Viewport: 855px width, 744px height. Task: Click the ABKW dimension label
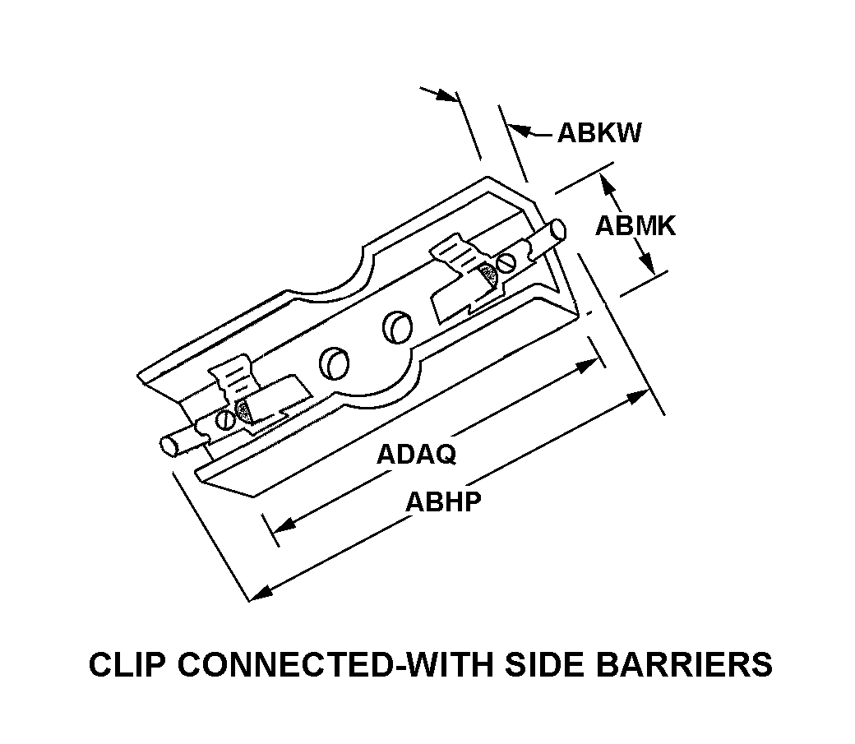click(x=599, y=133)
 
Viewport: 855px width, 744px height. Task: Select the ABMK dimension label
click(x=635, y=226)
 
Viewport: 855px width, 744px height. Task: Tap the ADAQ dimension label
click(x=416, y=455)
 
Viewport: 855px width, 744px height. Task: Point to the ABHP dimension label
click(x=443, y=501)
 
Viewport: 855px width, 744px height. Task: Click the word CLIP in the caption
click(x=124, y=664)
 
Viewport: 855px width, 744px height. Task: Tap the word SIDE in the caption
click(x=565, y=664)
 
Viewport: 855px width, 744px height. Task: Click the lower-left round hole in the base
click(x=334, y=362)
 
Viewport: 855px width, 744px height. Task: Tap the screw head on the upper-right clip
click(x=507, y=263)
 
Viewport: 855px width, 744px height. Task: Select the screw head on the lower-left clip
click(x=224, y=419)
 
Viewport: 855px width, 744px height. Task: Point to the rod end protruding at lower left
click(x=169, y=446)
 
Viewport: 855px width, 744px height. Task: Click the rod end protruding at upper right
click(x=559, y=229)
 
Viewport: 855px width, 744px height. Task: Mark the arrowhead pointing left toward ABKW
click(x=517, y=128)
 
